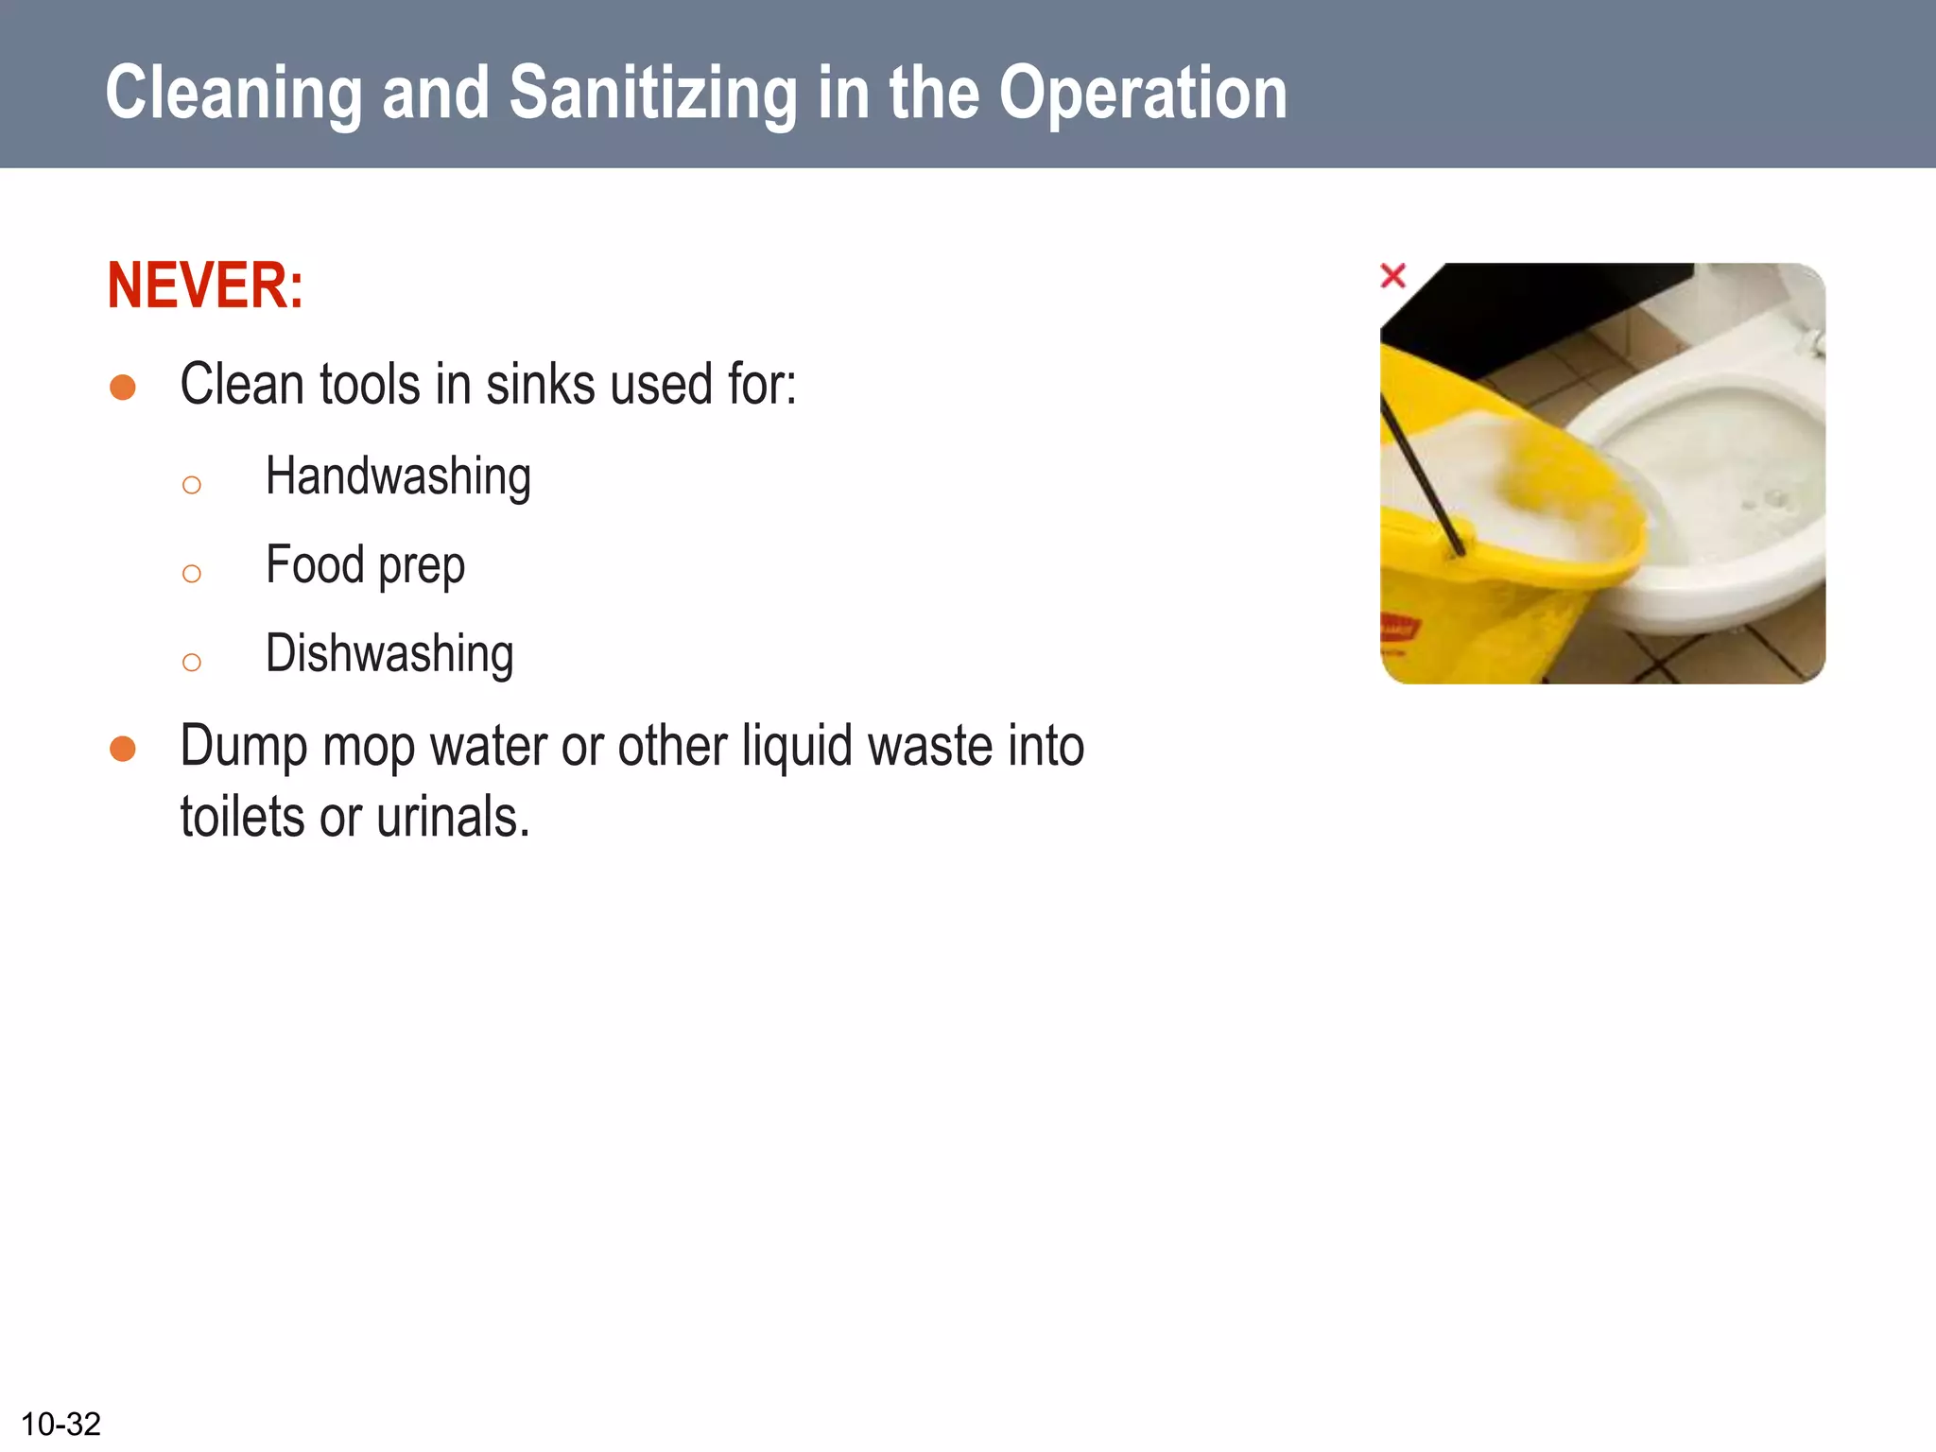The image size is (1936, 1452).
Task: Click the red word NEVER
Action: [204, 285]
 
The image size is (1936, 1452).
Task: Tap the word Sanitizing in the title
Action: [652, 95]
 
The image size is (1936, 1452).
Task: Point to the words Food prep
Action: [365, 566]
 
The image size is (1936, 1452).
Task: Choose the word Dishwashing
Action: [389, 654]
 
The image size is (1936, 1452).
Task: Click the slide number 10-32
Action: [60, 1424]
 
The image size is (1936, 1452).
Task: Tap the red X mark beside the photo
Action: [1392, 276]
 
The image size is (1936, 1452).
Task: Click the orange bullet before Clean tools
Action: [123, 388]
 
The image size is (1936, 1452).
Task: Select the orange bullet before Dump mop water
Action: [123, 749]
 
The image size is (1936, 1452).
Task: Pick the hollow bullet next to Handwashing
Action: [192, 486]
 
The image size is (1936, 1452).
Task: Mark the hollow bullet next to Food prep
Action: [192, 574]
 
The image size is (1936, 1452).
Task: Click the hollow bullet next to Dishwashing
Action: [192, 662]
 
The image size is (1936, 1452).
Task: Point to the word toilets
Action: [243, 818]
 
